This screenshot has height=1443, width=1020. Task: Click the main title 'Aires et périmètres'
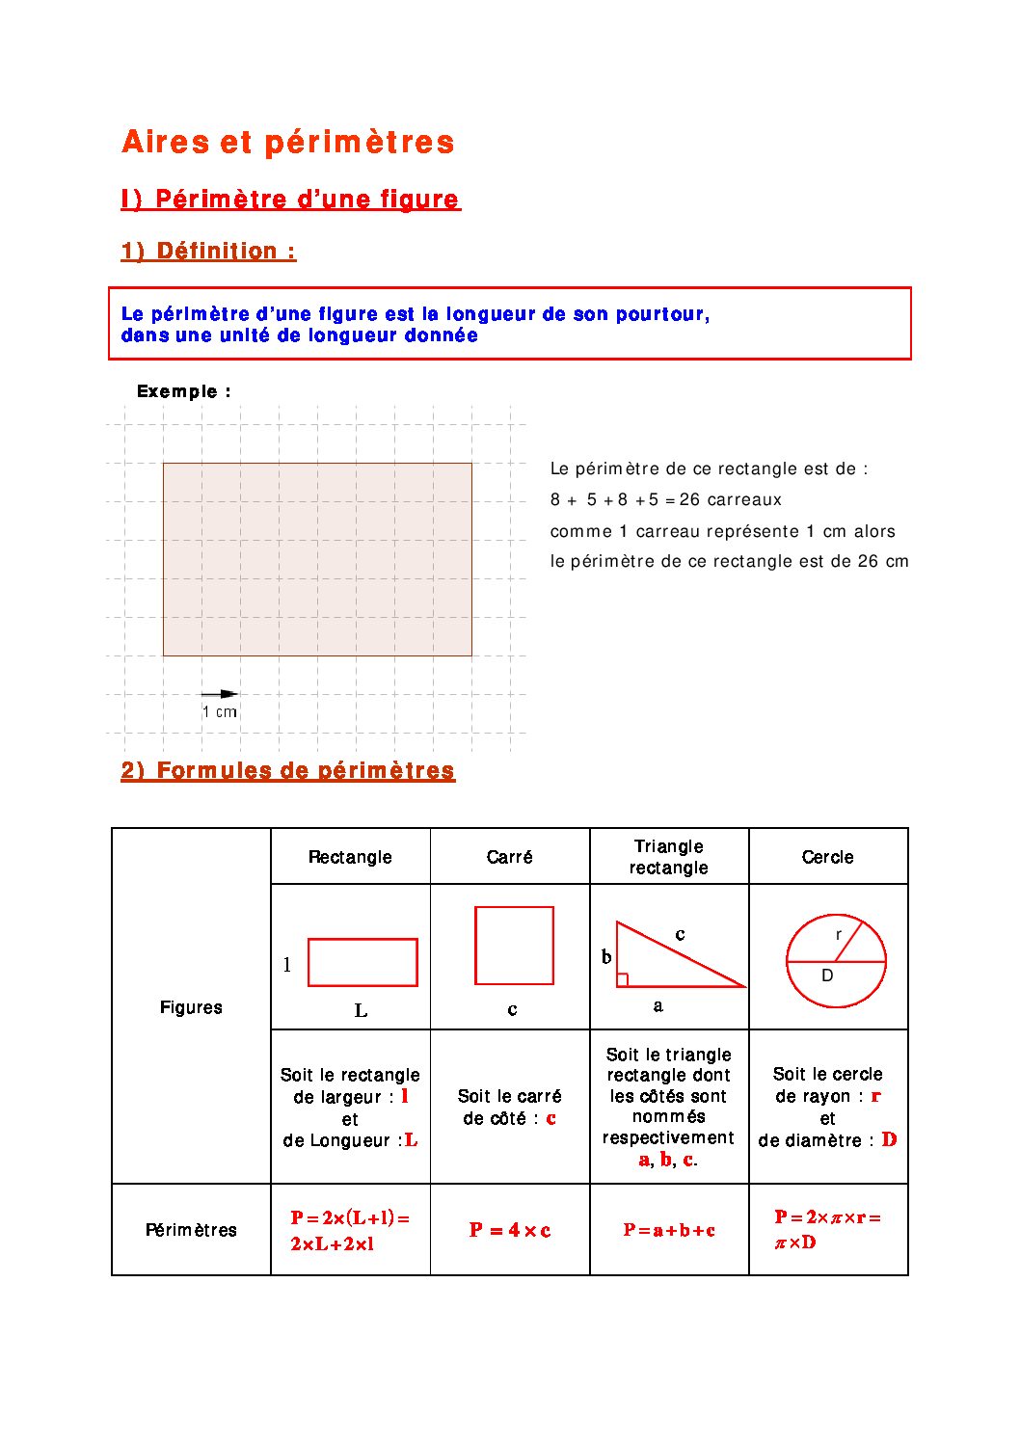click(x=287, y=143)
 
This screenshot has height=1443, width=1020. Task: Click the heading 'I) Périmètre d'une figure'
click(x=290, y=200)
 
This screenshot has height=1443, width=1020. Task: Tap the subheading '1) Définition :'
click(x=208, y=252)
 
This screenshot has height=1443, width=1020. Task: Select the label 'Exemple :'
click(x=183, y=391)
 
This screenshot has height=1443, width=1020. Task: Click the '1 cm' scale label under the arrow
click(x=220, y=712)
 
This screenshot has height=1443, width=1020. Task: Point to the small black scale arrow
click(x=219, y=694)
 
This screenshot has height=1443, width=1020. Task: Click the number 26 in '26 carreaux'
click(x=689, y=499)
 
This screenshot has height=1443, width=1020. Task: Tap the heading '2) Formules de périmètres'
click(x=287, y=771)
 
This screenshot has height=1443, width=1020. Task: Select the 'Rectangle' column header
click(x=350, y=857)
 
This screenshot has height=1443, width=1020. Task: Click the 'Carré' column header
click(x=509, y=857)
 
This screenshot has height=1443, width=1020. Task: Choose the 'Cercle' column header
click(x=827, y=857)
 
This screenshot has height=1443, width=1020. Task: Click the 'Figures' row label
click(x=191, y=1007)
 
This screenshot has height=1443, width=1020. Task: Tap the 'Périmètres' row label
click(x=191, y=1230)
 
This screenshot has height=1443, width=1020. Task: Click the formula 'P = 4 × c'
click(x=510, y=1230)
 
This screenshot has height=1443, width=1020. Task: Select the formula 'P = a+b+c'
click(x=669, y=1230)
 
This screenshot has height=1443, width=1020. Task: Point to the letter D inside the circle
click(x=827, y=975)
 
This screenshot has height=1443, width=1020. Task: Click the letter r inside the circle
click(x=839, y=934)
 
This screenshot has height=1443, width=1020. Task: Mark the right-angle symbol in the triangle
click(x=623, y=980)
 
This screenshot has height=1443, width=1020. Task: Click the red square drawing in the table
click(x=514, y=945)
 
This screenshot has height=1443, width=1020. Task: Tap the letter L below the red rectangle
click(x=361, y=1010)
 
